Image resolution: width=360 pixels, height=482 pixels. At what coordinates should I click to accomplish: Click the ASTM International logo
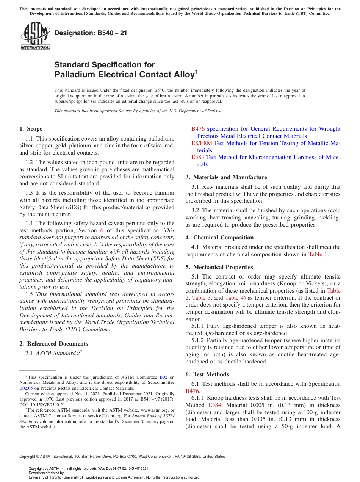(35, 36)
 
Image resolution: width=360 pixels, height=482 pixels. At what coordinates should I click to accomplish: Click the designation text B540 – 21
(91, 33)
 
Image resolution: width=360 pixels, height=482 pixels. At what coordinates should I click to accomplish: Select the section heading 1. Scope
(31, 129)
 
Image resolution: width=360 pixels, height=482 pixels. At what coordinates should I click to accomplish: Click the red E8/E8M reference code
(202, 143)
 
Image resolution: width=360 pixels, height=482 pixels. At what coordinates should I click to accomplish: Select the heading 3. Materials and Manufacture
(226, 177)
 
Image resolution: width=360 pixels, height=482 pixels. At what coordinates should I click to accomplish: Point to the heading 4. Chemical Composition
(219, 238)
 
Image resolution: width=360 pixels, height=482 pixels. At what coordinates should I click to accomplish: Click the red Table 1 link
(318, 254)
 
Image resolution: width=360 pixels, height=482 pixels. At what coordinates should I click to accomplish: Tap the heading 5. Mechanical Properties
(219, 267)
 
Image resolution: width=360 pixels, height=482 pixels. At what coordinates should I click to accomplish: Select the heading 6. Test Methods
(207, 374)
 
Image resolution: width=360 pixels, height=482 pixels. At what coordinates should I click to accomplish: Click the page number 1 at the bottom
(180, 466)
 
